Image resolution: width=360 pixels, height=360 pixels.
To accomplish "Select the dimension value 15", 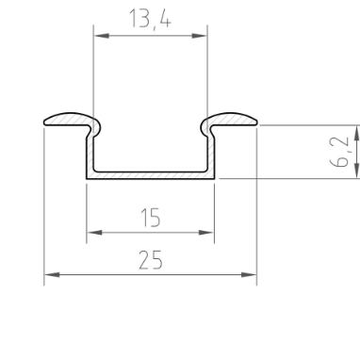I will [150, 217].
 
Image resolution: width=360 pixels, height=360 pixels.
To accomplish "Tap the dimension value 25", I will [150, 259].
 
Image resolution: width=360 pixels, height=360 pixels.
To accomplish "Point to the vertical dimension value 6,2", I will [345, 151].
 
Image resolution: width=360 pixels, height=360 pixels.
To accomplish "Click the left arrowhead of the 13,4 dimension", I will [98, 37].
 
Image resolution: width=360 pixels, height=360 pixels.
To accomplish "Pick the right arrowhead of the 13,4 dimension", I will [202, 37].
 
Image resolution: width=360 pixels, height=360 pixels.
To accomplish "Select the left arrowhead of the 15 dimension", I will [92, 231].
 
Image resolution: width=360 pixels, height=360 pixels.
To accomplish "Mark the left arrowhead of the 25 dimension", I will [50, 275].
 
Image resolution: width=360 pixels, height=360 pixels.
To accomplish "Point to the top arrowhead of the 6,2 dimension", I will [356, 129].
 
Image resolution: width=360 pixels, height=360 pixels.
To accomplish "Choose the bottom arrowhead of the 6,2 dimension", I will [356, 172].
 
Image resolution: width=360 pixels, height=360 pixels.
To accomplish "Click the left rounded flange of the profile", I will [72, 119].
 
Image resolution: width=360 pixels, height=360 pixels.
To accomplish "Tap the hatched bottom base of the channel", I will [151, 174].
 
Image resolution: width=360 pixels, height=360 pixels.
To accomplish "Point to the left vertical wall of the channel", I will [90, 151].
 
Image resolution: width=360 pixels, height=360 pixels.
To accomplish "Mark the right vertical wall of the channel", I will [212, 151].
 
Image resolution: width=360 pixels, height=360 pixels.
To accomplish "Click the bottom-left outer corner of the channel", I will [88, 178].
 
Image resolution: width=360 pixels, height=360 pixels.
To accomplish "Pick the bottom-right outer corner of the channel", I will [214, 178].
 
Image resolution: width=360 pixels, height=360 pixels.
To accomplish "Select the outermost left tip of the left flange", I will [45, 121].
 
